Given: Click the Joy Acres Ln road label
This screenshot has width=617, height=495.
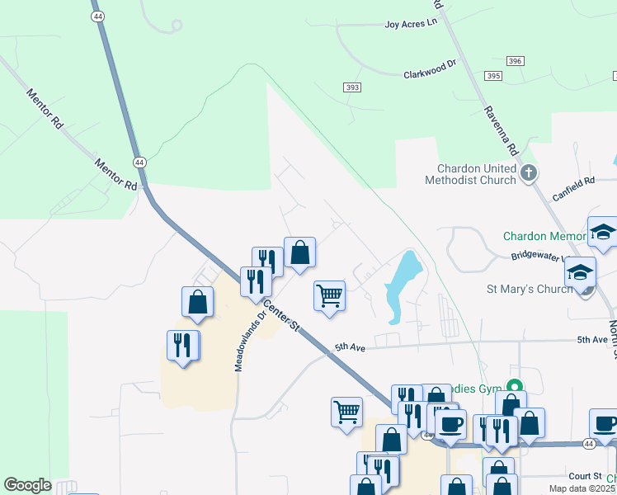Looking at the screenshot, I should tap(410, 24).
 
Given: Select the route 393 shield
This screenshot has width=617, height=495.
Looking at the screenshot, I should tap(353, 87).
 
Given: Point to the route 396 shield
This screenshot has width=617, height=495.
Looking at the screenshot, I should tap(516, 62).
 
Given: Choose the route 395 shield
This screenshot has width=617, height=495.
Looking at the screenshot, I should tap(493, 76).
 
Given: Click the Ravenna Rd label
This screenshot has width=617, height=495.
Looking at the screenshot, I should tap(501, 131).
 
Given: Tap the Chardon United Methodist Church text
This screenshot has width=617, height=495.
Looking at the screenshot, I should tap(470, 174).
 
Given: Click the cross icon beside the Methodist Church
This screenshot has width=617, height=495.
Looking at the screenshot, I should tap(530, 173).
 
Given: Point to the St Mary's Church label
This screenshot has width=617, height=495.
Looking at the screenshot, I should tap(529, 290).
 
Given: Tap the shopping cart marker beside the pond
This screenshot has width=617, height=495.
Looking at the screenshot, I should tap(329, 295).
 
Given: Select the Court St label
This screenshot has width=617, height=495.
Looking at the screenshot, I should tap(584, 476).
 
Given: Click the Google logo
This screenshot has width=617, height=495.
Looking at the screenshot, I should tap(27, 485).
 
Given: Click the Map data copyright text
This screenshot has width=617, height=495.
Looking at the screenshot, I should tap(582, 488).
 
